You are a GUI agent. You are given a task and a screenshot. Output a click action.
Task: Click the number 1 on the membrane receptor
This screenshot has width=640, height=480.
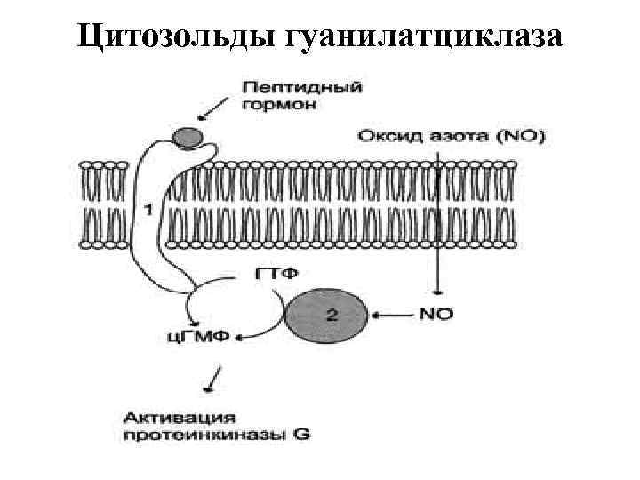[x=148, y=210]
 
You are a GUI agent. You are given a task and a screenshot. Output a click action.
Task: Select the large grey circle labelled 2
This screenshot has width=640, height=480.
[x=326, y=314]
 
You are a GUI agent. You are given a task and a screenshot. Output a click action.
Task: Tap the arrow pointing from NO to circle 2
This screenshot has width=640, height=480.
[x=391, y=313]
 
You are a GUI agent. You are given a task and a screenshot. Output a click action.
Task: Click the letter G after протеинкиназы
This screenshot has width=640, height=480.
[x=303, y=435]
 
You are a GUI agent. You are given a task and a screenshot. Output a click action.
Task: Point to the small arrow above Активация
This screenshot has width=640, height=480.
[x=211, y=383]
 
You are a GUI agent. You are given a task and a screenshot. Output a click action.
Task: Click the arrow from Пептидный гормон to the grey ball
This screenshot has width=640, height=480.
[x=214, y=109]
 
